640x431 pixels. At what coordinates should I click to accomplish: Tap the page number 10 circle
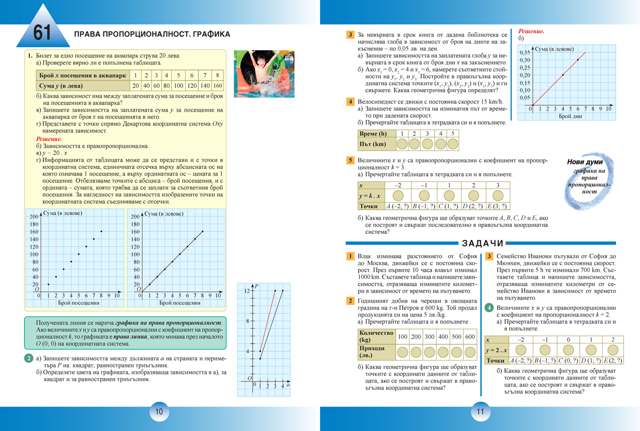159,412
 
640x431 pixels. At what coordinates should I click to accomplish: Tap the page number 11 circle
479,412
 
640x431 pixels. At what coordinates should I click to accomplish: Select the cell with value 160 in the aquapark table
217,85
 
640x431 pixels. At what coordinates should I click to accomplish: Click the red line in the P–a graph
268,320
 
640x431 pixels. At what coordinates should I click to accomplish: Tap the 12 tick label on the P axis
247,291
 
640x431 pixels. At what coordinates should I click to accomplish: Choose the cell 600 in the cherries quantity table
470,337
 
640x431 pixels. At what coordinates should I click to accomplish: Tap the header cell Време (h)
373,134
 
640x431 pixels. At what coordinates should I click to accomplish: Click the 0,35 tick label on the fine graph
524,52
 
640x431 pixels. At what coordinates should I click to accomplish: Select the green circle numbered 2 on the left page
29,358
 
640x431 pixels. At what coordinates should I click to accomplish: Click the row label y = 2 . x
497,350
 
